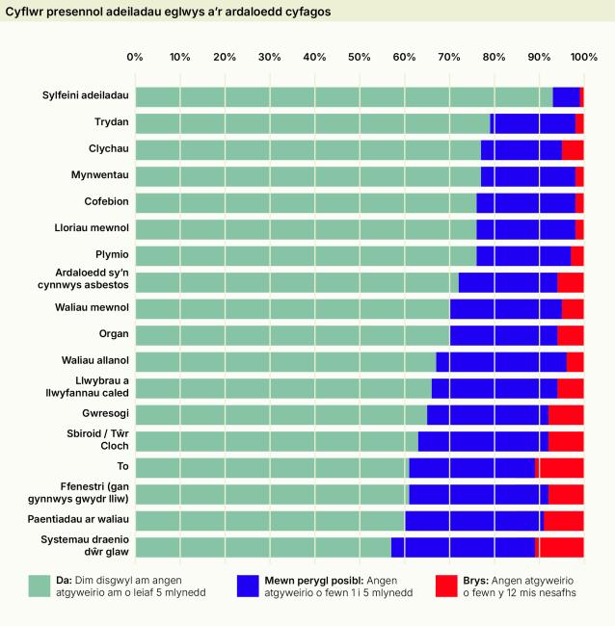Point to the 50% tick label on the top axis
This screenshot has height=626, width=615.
click(360, 57)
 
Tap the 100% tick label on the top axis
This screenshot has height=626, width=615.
click(583, 57)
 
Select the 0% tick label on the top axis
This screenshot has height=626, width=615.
click(135, 57)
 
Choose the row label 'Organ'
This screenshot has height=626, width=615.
click(113, 335)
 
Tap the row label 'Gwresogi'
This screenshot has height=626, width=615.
click(105, 414)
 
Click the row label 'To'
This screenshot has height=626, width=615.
click(123, 467)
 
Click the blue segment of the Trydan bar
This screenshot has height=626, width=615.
click(534, 123)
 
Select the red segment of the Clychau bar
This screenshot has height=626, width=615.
click(573, 149)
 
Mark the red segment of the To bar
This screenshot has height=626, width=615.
click(560, 467)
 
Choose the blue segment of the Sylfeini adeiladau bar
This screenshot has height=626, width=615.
click(566, 96)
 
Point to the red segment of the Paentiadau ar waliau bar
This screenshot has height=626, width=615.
click(564, 520)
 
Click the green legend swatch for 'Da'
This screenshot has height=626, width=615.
click(40, 586)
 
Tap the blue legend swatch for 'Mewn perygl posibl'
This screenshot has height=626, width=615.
click(248, 586)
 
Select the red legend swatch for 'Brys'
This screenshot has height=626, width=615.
click(445, 586)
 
